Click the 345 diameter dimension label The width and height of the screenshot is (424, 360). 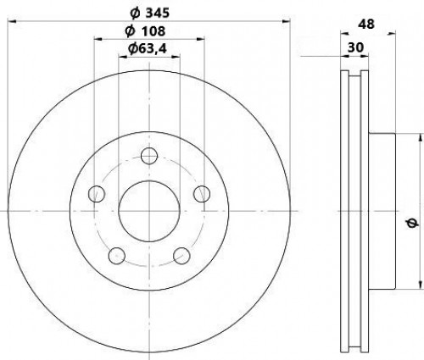[149, 14]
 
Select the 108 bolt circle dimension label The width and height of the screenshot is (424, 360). [145, 31]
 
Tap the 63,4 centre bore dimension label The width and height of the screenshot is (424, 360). [148, 49]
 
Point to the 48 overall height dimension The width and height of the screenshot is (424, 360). [366, 25]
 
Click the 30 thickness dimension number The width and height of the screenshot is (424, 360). [355, 47]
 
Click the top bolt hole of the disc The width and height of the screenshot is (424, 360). [149, 156]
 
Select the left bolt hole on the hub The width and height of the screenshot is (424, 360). [97, 194]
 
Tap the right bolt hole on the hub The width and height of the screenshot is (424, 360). [202, 194]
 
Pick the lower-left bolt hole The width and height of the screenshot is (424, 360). [117, 256]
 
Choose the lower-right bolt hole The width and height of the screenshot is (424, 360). [181, 256]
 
